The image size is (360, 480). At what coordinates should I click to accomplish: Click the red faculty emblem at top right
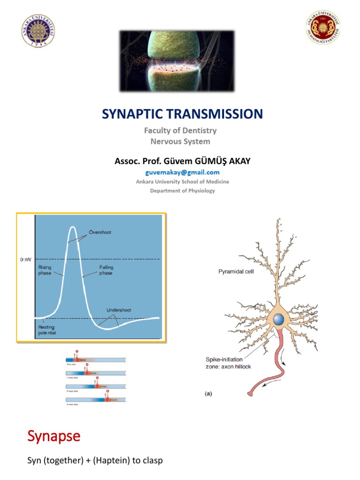[322, 28]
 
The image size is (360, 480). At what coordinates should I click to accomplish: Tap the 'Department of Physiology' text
[182, 190]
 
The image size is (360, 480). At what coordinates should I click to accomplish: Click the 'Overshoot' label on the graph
[100, 232]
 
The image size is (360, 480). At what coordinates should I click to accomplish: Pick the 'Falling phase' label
[106, 270]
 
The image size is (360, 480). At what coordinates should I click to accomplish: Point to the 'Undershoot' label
[117, 310]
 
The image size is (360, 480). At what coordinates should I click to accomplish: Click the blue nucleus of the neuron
[278, 320]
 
